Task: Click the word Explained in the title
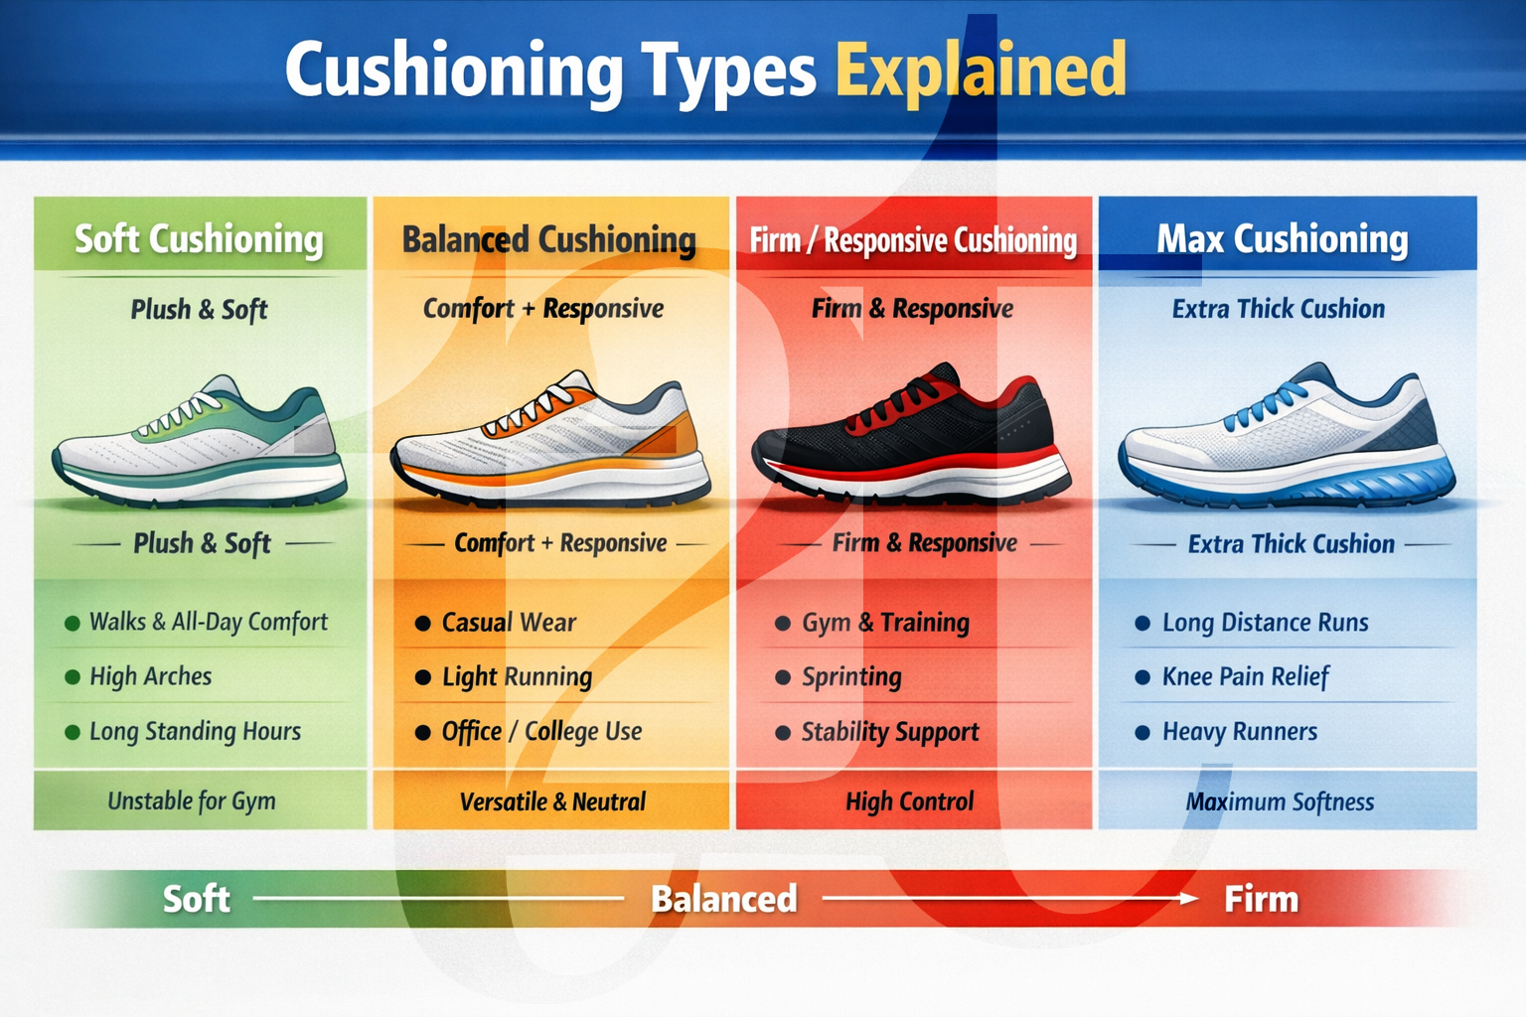pyautogui.click(x=981, y=70)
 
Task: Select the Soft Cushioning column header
pyautogui.click(x=200, y=239)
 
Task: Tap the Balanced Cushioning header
pyautogui.click(x=549, y=239)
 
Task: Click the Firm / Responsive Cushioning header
pyautogui.click(x=913, y=240)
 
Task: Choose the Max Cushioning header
pyautogui.click(x=1283, y=239)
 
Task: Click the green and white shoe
pyautogui.click(x=200, y=442)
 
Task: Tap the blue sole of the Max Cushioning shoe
pyautogui.click(x=1292, y=487)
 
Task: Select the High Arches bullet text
pyautogui.click(x=151, y=676)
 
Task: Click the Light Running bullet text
pyautogui.click(x=517, y=677)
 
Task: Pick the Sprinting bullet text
pyautogui.click(x=851, y=677)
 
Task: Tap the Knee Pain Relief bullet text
pyautogui.click(x=1245, y=677)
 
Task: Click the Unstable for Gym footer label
pyautogui.click(x=192, y=800)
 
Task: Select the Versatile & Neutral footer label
pyautogui.click(x=552, y=801)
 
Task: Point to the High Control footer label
pyautogui.click(x=909, y=801)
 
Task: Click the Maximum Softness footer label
pyautogui.click(x=1280, y=801)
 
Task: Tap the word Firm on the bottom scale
pyautogui.click(x=1261, y=899)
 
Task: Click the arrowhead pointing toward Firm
pyautogui.click(x=1188, y=898)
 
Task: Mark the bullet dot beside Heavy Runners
pyautogui.click(x=1143, y=733)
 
